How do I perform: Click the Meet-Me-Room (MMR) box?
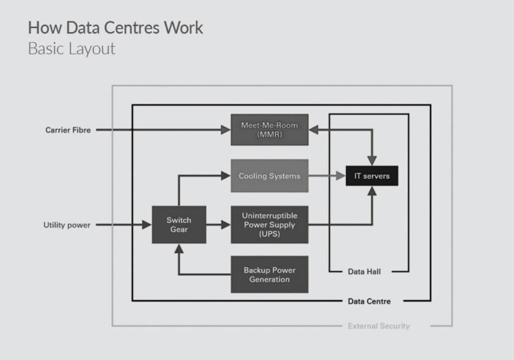tap(269, 129)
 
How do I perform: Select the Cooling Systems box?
tap(269, 176)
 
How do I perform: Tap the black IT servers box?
tap(371, 176)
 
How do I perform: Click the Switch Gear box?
tap(179, 224)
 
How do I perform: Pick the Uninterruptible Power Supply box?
tap(269, 224)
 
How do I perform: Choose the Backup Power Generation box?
tap(269, 274)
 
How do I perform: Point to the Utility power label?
tap(67, 225)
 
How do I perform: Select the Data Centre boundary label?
tap(369, 301)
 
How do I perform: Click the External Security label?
tap(379, 326)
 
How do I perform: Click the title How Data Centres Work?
tap(115, 28)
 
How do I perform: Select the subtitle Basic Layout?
tap(72, 49)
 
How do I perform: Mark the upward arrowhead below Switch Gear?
tap(179, 248)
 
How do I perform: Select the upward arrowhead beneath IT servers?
tap(372, 191)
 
